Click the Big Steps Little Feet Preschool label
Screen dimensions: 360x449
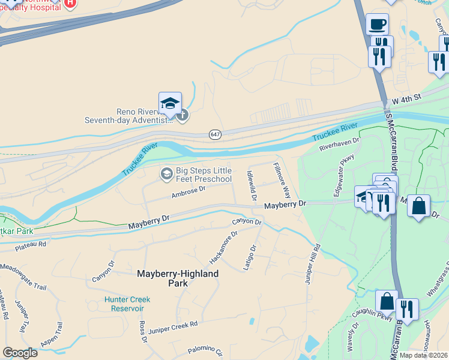pos(203,175)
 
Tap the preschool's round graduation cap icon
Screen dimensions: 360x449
pos(166,175)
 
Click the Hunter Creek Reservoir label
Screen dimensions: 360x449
pos(127,304)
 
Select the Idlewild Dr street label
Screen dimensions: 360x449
pos(252,185)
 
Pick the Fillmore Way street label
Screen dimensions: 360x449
pos(282,181)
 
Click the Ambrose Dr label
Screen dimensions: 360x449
pos(188,191)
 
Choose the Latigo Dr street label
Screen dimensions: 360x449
pos(250,257)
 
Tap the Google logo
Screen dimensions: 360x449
pos(20,352)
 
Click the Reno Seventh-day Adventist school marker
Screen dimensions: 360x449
pos(170,102)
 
